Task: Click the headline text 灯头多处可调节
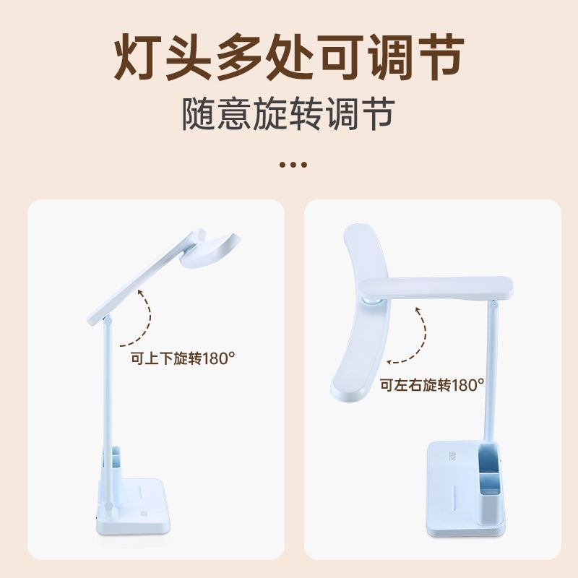pyautogui.click(x=288, y=57)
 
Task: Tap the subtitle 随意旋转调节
pyautogui.click(x=288, y=114)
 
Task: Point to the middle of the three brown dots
pyautogui.click(x=293, y=165)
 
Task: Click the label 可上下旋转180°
pyautogui.click(x=183, y=358)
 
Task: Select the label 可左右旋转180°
pyautogui.click(x=432, y=385)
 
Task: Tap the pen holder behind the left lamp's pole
pyautogui.click(x=116, y=465)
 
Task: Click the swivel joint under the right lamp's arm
pyautogui.click(x=371, y=300)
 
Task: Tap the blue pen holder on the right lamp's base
pyautogui.click(x=491, y=484)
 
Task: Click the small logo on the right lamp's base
pyautogui.click(x=453, y=457)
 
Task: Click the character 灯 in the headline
pyautogui.click(x=137, y=57)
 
